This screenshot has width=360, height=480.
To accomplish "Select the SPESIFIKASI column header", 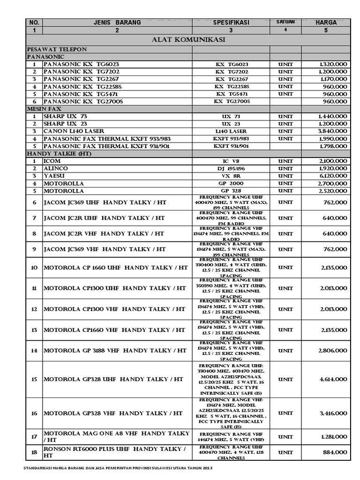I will [x=231, y=22].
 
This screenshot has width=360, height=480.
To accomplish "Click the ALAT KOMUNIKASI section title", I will [x=189, y=40].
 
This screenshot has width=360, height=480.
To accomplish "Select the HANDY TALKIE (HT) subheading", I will [x=57, y=153].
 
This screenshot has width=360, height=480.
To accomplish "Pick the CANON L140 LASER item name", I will [x=74, y=131].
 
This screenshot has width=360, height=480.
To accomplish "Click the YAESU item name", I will [x=54, y=176].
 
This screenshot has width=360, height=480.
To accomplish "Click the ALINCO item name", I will [x=55, y=168].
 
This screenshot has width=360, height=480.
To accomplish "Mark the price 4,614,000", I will [x=332, y=379].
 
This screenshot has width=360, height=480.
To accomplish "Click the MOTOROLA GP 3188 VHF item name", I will [x=115, y=351].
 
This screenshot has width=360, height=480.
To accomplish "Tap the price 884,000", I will [x=334, y=452].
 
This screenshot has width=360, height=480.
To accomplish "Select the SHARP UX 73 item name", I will [x=65, y=116].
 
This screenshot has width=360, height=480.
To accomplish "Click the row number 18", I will [x=34, y=452].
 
